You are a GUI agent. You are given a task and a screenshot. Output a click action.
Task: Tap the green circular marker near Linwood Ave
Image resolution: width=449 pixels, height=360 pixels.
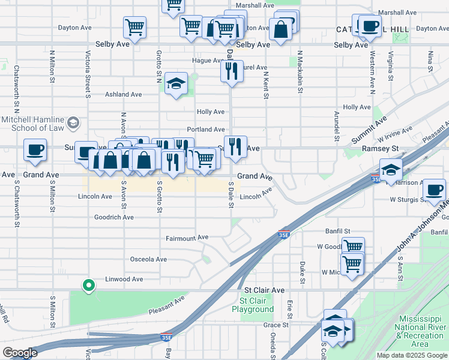tap(89, 285)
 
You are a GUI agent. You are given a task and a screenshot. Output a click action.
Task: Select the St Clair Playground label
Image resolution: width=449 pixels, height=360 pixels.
tap(256, 305)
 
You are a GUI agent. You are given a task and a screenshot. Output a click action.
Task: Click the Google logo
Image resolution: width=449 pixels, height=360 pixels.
tap(20, 353)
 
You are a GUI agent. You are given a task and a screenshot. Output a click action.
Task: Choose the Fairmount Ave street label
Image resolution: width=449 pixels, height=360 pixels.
tap(187, 238)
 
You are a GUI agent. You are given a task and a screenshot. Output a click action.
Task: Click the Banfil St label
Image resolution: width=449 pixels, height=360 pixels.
tap(339, 231)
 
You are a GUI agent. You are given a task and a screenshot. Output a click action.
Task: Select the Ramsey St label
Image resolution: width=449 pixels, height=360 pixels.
tap(383, 148)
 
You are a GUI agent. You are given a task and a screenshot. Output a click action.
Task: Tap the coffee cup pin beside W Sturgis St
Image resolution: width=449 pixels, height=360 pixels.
tap(435, 190)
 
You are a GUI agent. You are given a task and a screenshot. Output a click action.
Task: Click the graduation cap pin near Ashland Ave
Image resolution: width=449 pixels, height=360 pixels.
tap(176, 84)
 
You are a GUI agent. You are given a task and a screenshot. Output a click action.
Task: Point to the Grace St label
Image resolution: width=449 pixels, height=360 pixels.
tap(276, 325)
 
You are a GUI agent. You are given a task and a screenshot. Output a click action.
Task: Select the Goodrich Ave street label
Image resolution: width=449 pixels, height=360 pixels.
tap(114, 217)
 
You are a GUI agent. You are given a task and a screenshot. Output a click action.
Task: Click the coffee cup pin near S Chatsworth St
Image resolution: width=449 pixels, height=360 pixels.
tap(35, 149)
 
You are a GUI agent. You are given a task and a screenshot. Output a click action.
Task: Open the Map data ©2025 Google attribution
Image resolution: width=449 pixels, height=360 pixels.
tap(411, 355)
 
